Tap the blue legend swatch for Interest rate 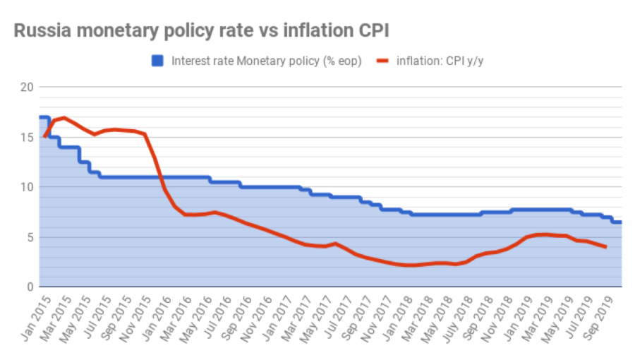(x=158, y=61)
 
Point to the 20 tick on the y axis (x=27, y=87)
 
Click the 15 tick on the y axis (x=27, y=137)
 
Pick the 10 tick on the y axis (x=27, y=187)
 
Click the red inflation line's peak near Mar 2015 (x=64, y=117)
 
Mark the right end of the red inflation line (x=606, y=246)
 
